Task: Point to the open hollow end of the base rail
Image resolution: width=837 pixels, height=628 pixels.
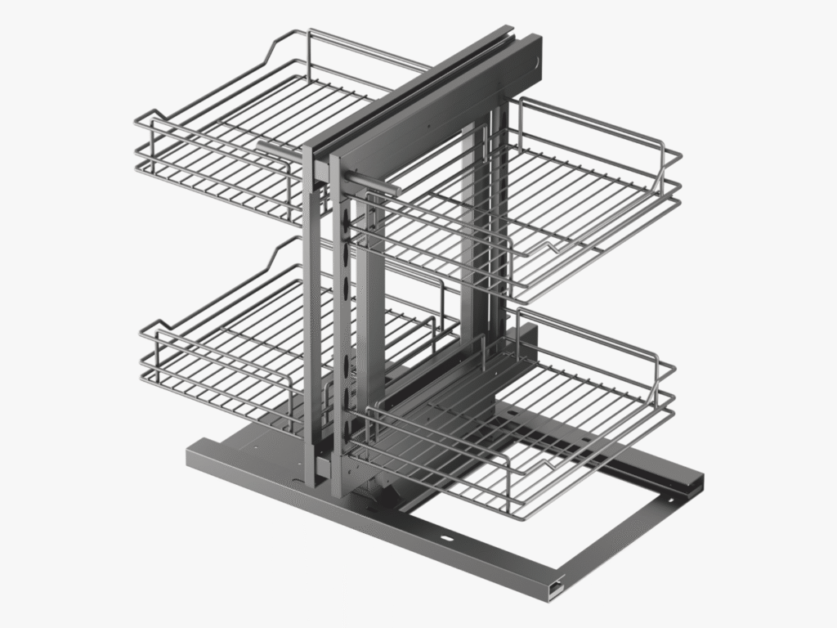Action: coord(557,585)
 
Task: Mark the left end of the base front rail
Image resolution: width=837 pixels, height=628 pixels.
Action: coord(192,455)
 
